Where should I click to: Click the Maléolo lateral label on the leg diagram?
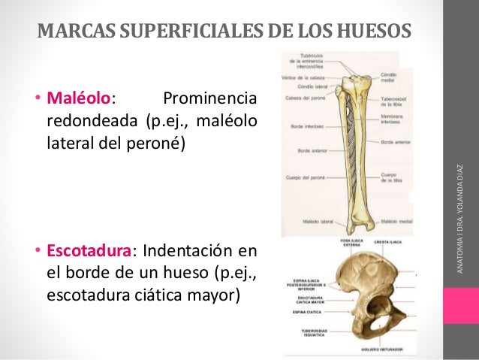[x=297, y=222]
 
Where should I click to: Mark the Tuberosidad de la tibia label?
[x=393, y=103]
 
